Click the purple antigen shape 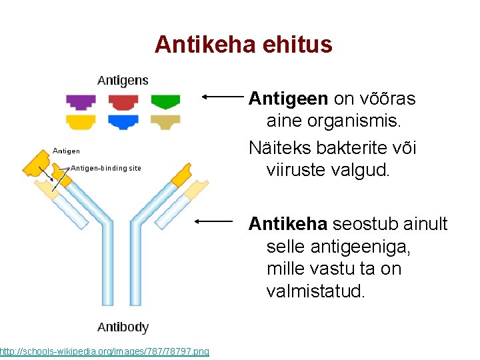(x=80, y=101)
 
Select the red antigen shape (x=123, y=101)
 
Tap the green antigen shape (x=165, y=101)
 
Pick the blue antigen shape (x=123, y=122)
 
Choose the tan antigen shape (x=165, y=122)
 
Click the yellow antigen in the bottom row (x=80, y=122)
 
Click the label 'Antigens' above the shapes (x=123, y=81)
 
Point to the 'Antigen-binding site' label (x=106, y=168)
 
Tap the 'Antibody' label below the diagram (x=123, y=327)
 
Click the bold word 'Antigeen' (x=288, y=99)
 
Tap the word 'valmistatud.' (x=315, y=292)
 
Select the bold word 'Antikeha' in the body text (x=287, y=223)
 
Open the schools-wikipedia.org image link (x=104, y=351)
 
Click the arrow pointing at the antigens (x=223, y=97)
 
